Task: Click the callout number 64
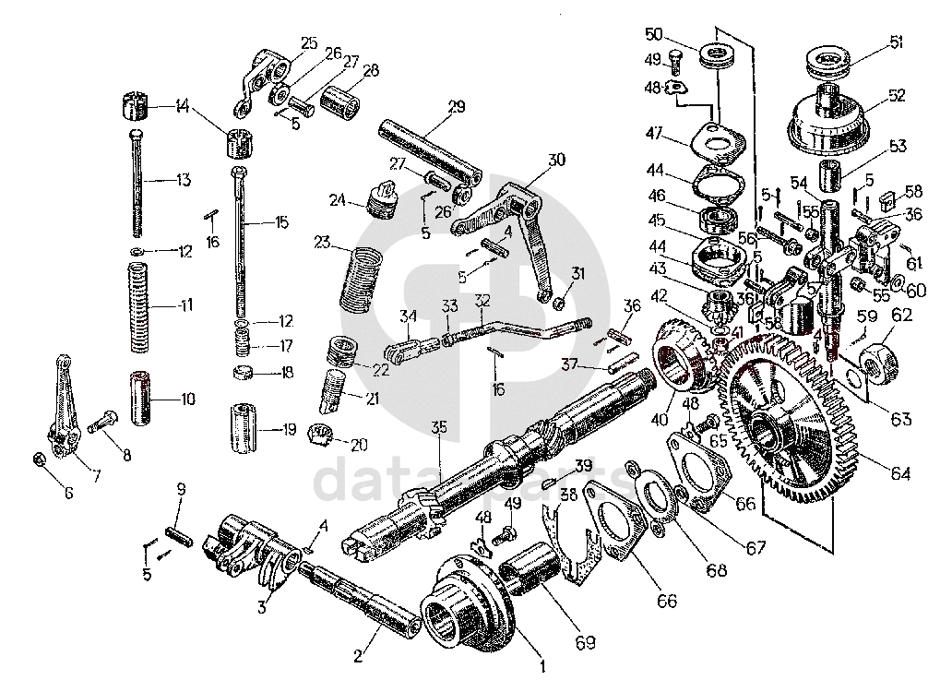click(900, 473)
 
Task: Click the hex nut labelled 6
click(39, 459)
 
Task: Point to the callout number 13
click(183, 179)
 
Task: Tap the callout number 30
click(556, 159)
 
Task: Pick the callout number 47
click(655, 135)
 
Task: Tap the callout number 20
click(358, 444)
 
